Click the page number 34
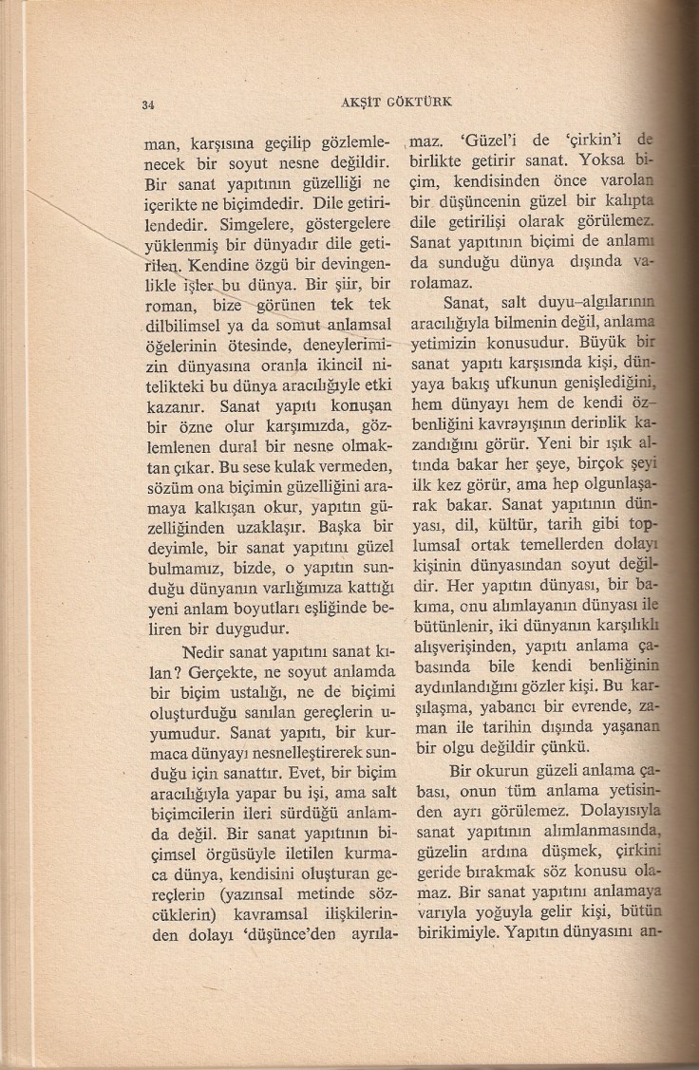147,104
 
